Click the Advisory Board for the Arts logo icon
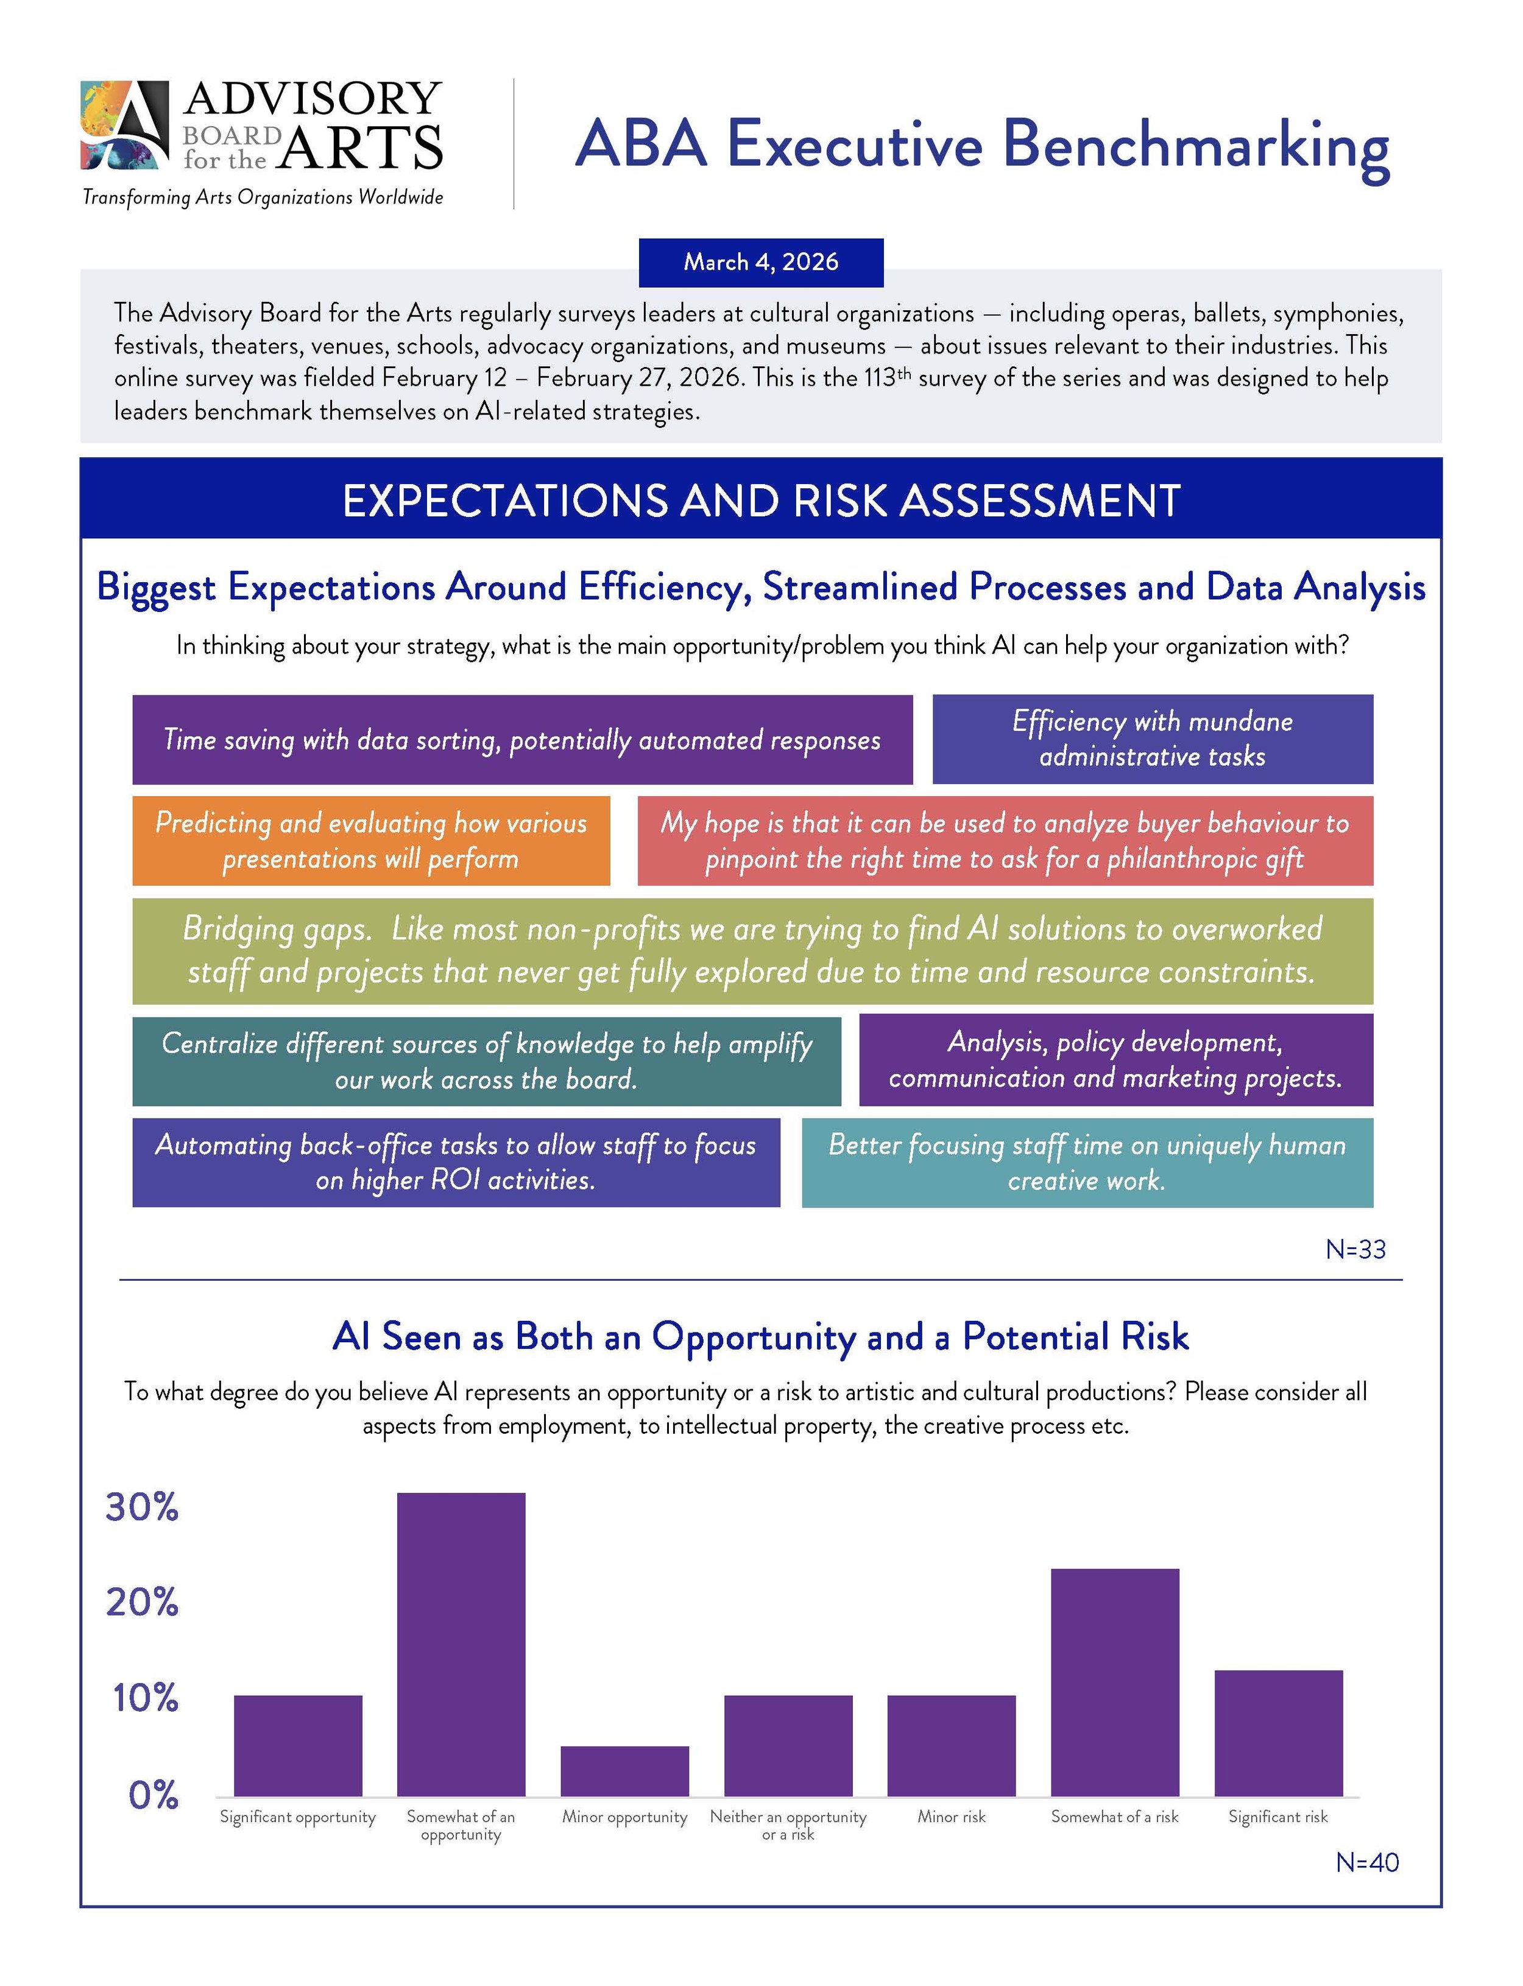point(124,125)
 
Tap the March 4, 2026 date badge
point(761,262)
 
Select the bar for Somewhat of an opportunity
point(461,1644)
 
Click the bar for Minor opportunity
point(624,1770)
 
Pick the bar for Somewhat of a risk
point(1114,1682)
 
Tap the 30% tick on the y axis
point(143,1508)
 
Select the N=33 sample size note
point(1355,1250)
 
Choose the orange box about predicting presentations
point(371,841)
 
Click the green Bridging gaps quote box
point(752,950)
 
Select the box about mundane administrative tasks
point(1152,739)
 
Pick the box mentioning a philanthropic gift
point(1005,841)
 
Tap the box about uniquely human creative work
point(1087,1162)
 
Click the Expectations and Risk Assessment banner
point(761,500)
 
